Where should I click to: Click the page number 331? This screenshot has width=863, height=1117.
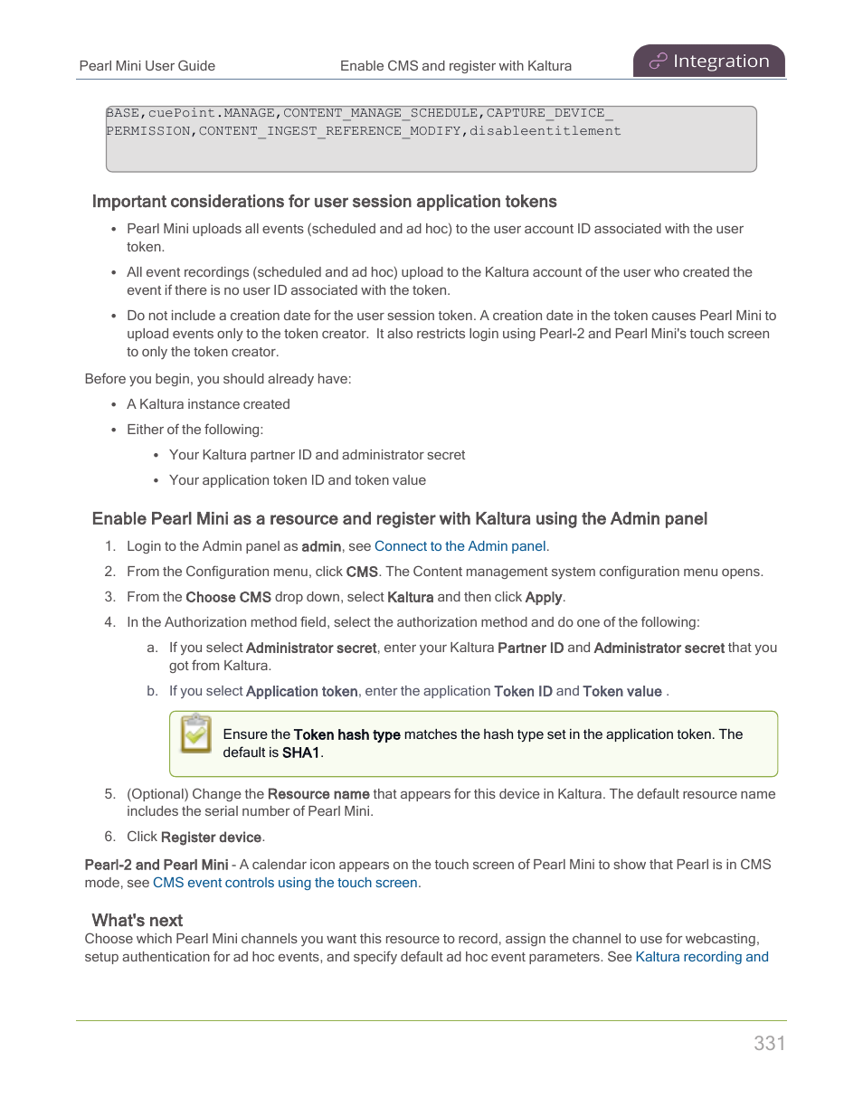point(769,1043)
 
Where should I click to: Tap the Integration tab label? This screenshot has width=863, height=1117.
point(721,62)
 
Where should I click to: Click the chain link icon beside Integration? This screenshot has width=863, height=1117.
point(658,62)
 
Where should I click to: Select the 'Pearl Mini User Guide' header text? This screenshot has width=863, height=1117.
point(147,66)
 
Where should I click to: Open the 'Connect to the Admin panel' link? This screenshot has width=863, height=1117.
point(460,546)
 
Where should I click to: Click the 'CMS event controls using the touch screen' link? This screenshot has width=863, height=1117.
point(285,883)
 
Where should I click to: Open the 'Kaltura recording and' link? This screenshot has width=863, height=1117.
point(702,957)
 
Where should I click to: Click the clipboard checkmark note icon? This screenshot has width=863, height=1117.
point(195,734)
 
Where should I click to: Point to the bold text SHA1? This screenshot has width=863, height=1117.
point(301,753)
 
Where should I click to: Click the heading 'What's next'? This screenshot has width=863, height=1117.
point(138,920)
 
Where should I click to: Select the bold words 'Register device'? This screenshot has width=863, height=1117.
point(211,838)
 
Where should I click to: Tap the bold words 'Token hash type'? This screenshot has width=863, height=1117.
point(346,734)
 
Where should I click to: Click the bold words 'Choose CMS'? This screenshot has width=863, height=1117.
point(228,597)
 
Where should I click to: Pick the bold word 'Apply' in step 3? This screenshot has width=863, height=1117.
point(544,597)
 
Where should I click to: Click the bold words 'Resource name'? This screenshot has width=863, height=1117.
point(318,794)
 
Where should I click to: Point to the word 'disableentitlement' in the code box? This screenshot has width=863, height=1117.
point(545,131)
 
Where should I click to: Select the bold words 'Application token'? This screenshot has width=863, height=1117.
point(301,691)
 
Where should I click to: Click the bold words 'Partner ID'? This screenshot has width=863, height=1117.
point(530,648)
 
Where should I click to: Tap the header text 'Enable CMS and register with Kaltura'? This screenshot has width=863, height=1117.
point(456,66)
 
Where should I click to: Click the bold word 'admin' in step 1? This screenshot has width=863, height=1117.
point(321,546)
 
